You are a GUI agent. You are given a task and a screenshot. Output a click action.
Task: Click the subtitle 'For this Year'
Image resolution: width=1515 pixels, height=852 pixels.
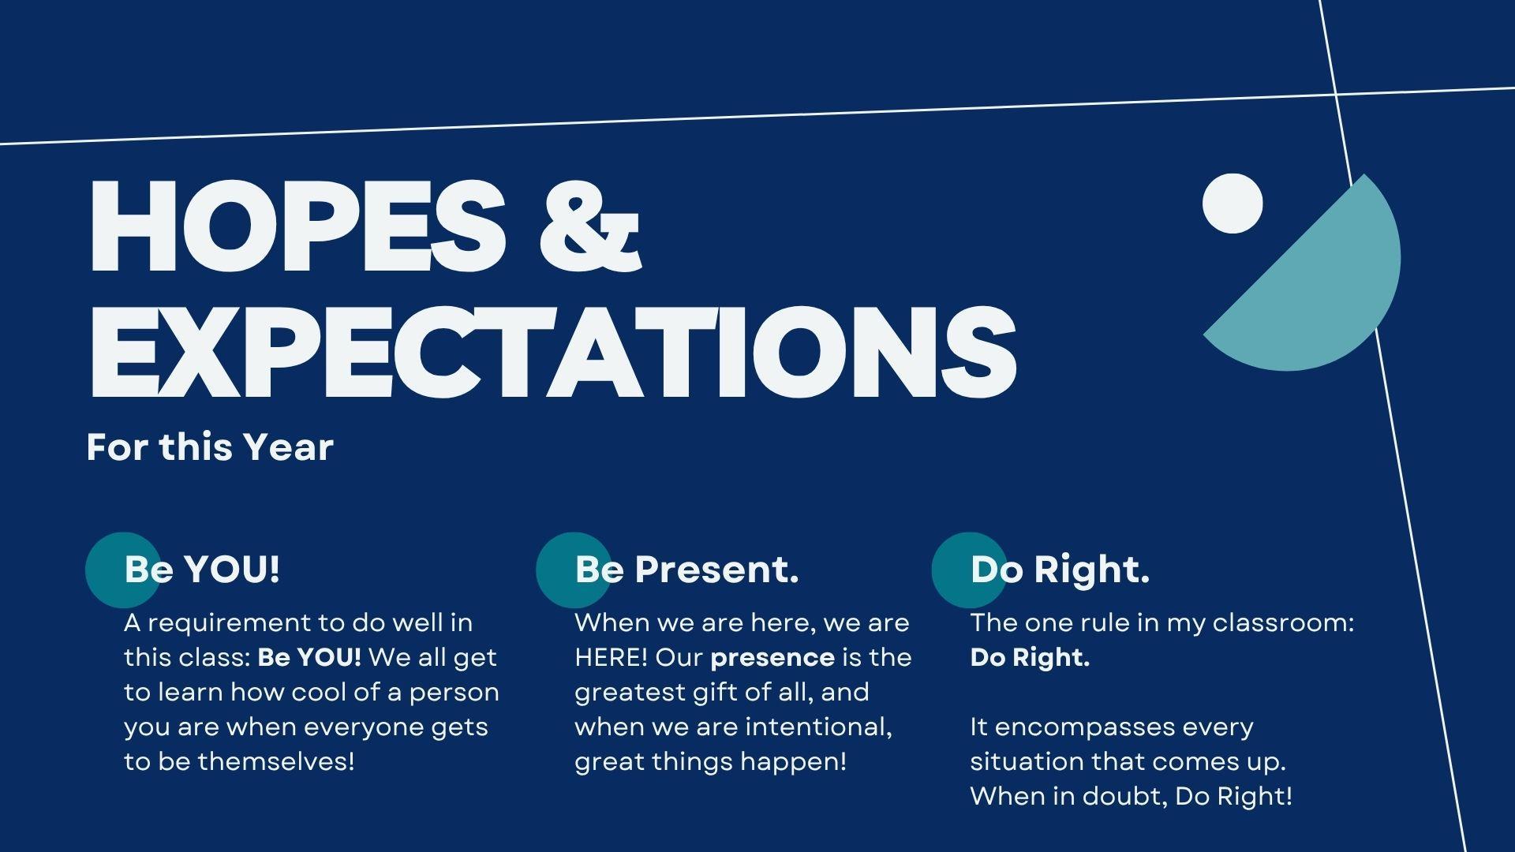point(210,447)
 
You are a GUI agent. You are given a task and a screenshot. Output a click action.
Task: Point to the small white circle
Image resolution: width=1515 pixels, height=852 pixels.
point(1233,204)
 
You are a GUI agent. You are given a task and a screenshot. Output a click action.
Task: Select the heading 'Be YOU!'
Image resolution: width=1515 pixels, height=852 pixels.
point(202,569)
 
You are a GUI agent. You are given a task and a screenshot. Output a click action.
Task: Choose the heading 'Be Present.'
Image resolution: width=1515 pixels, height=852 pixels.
point(686,569)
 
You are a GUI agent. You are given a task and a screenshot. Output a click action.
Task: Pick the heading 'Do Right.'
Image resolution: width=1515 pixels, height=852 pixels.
point(1060,569)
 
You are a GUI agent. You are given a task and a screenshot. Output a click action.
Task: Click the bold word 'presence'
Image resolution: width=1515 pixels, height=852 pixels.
point(772,657)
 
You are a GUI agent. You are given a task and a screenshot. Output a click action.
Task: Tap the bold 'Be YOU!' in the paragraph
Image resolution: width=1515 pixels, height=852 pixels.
point(309,656)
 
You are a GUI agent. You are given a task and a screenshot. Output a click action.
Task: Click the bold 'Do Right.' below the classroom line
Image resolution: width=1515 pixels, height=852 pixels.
point(1030,657)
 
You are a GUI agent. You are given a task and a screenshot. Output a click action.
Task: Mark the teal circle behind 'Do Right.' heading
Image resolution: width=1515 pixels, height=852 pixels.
point(969,570)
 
